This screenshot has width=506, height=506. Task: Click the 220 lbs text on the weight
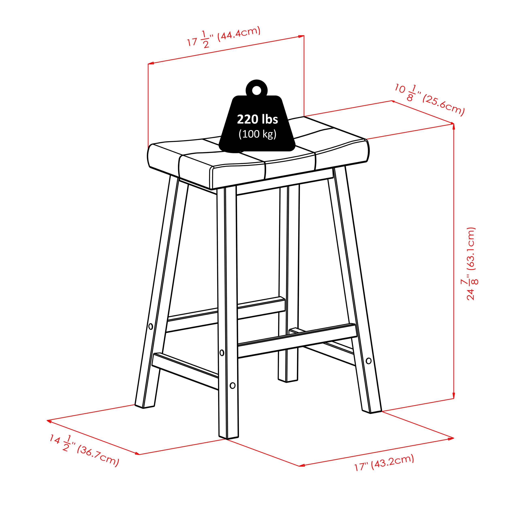point(257,119)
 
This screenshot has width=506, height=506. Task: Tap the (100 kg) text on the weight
point(257,134)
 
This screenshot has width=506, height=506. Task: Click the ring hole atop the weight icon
point(257,90)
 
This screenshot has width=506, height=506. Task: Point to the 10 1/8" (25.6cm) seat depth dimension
point(429,100)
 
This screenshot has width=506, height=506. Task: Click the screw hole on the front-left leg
point(151,326)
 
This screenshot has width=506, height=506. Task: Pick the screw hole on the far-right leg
point(369,361)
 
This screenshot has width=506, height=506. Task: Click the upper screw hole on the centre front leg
point(222,353)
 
